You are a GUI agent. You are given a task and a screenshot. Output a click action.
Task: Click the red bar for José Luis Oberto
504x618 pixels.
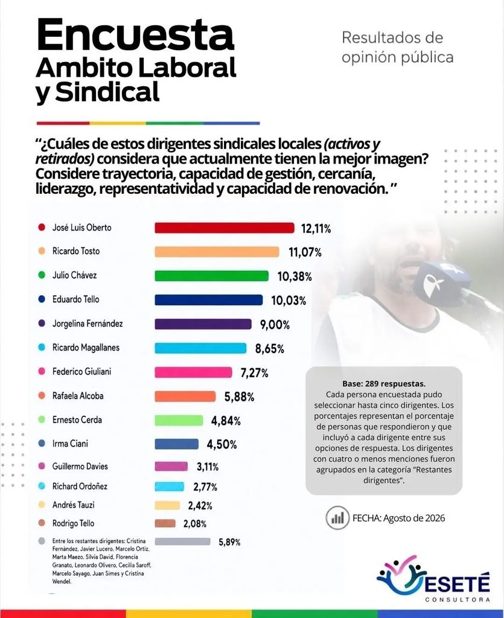(x=224, y=228)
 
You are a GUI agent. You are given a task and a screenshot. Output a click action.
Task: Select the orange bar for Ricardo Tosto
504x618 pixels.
(x=217, y=252)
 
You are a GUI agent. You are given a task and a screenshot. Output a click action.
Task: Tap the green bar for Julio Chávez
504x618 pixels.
(x=211, y=276)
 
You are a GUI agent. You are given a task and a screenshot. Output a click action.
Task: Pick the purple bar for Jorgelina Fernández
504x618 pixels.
(x=203, y=324)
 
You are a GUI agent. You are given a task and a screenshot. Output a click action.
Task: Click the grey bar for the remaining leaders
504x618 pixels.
(x=182, y=541)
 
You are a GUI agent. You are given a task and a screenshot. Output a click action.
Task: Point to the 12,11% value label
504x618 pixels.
(x=316, y=229)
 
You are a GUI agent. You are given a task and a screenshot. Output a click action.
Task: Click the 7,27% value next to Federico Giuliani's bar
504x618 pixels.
(x=255, y=373)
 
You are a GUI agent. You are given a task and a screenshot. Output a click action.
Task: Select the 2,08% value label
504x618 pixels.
(x=195, y=524)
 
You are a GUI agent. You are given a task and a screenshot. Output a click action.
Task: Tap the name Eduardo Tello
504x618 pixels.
(x=75, y=299)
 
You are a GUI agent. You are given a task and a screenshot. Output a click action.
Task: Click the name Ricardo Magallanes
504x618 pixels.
(x=86, y=348)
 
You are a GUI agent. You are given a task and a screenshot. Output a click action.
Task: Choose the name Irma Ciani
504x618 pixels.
(x=70, y=444)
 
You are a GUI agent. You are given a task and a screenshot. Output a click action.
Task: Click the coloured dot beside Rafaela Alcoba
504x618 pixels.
(x=42, y=395)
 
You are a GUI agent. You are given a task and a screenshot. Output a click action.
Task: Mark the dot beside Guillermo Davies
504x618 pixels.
(x=42, y=466)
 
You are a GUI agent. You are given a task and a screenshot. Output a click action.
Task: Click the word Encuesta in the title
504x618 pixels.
(x=136, y=34)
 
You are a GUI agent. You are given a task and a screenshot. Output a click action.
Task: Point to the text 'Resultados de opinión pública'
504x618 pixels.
(x=398, y=47)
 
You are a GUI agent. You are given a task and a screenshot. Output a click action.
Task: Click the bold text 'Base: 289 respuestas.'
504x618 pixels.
(x=384, y=383)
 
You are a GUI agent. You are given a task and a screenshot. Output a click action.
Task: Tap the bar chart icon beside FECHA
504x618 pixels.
(x=337, y=518)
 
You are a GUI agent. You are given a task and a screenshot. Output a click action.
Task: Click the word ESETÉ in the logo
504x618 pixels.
(x=457, y=583)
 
